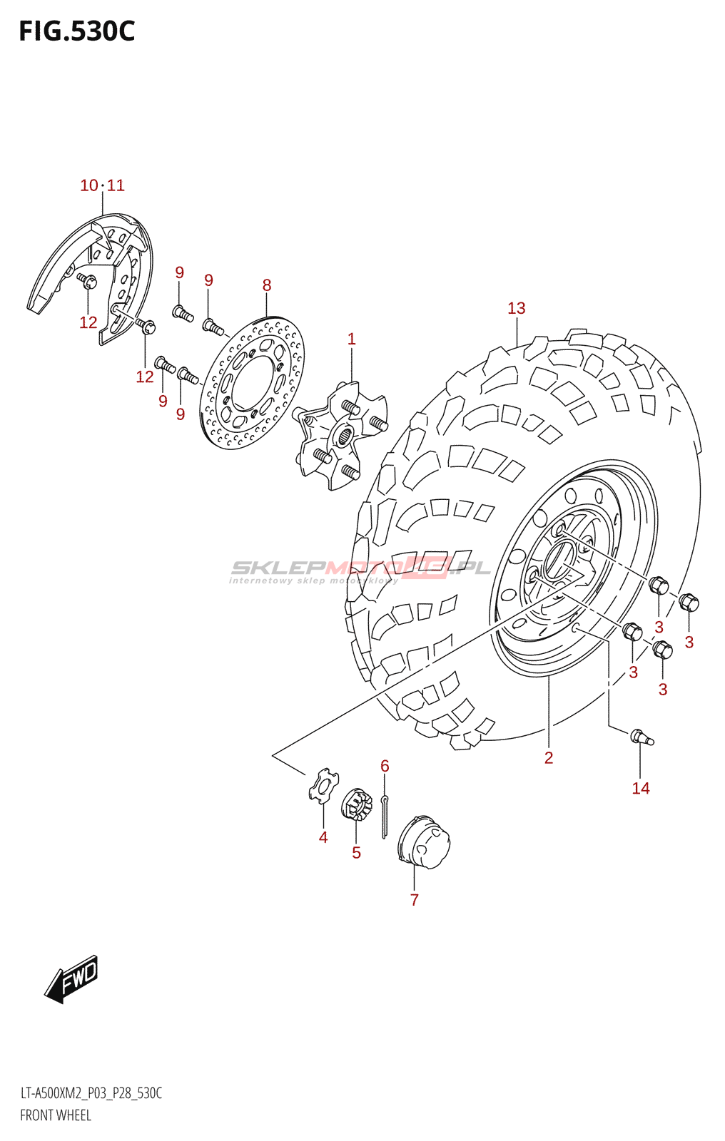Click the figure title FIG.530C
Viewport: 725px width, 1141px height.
(x=77, y=31)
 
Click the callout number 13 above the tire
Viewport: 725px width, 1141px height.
(x=516, y=308)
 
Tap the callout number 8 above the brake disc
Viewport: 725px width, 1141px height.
(x=267, y=285)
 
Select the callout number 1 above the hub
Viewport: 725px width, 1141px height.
(x=351, y=339)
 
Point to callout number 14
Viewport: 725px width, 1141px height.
(x=640, y=788)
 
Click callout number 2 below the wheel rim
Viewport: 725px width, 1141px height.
(x=548, y=757)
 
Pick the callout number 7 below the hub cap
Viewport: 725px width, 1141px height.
(x=414, y=900)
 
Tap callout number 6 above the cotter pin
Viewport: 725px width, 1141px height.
(x=385, y=766)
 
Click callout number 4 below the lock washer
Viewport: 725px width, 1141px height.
(x=323, y=837)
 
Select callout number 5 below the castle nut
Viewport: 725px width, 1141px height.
(x=356, y=853)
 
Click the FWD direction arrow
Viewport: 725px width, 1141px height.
(x=72, y=978)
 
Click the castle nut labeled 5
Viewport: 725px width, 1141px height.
(x=357, y=804)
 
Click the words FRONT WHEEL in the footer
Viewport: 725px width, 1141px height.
(x=56, y=1115)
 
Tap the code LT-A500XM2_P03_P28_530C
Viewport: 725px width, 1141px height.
(x=91, y=1093)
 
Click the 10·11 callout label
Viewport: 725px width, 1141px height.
(x=102, y=185)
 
